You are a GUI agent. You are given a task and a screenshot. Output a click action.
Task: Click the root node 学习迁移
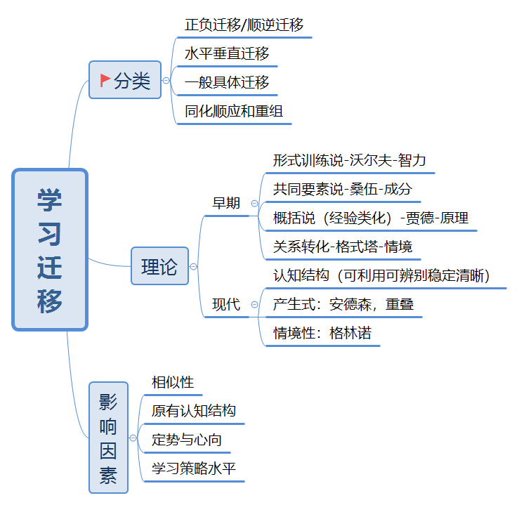[50, 249]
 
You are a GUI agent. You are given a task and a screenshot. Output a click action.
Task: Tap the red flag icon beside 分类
[105, 80]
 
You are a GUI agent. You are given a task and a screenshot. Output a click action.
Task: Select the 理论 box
[160, 265]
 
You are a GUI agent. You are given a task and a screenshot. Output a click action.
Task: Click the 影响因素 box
[109, 438]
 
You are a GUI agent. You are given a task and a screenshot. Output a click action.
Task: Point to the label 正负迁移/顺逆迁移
[244, 25]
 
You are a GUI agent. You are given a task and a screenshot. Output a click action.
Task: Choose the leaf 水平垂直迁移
[227, 53]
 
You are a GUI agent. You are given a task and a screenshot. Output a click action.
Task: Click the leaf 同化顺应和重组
[234, 111]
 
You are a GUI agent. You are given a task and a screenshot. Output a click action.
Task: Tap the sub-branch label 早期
[226, 203]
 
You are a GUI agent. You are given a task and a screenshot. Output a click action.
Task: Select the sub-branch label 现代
[226, 304]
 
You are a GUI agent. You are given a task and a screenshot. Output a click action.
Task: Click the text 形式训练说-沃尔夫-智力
[349, 161]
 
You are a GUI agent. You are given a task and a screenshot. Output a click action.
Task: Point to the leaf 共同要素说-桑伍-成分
[343, 190]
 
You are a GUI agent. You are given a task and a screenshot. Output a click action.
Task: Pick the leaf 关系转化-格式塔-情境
[343, 247]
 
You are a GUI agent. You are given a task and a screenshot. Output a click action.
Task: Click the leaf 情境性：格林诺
[322, 333]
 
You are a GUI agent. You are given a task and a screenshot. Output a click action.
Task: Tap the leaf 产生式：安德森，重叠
[343, 304]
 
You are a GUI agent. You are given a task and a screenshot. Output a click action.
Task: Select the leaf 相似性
[173, 382]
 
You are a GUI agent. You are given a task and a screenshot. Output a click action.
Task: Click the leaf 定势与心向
[187, 440]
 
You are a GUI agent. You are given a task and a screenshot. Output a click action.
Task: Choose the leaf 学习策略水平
[194, 468]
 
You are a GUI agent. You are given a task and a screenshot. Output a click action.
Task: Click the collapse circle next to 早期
[254, 203]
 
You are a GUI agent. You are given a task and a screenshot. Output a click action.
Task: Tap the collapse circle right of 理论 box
[194, 266]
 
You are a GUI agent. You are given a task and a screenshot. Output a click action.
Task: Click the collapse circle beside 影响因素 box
[133, 438]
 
